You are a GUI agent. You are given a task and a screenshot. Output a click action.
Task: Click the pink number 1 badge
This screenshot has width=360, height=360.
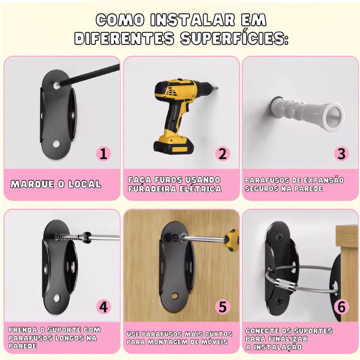[104, 154]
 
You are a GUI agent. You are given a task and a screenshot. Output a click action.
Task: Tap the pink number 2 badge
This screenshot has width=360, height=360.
[223, 154]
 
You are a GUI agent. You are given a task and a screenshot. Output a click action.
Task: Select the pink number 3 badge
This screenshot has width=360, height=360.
[341, 154]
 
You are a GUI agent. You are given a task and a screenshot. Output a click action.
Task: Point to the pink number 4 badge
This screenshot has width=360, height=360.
[104, 307]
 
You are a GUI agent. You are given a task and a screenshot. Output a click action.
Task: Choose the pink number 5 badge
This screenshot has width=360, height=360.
[223, 307]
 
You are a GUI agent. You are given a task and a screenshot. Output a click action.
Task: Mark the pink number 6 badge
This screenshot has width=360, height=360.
[341, 307]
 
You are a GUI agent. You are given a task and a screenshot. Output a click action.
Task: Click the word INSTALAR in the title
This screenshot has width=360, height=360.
[193, 20]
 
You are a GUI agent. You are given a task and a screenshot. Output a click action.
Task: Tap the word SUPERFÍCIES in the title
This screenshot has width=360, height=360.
[234, 38]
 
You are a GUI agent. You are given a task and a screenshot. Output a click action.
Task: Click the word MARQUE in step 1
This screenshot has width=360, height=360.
[32, 184]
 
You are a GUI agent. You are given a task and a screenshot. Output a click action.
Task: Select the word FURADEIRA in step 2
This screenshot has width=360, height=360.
[152, 189]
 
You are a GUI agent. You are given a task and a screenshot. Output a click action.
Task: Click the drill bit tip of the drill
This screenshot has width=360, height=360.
[217, 88]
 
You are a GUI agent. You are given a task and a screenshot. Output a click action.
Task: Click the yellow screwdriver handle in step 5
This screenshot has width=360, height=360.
[231, 241]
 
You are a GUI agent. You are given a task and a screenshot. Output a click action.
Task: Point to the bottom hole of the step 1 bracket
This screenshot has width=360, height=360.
[56, 144]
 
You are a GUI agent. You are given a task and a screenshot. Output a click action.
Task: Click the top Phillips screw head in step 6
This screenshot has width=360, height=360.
[280, 238]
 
